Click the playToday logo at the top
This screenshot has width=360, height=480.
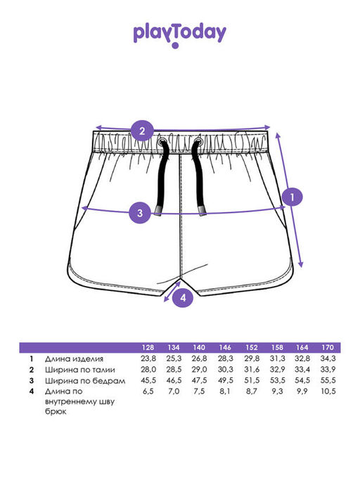pos(180,34)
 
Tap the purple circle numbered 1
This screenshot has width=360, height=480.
pos(292,197)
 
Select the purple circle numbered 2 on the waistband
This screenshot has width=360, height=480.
pos(142,131)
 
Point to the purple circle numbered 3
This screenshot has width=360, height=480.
pos(140,212)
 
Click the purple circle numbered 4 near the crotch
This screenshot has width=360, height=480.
pos(183,297)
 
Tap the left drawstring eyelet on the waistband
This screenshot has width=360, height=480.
pos(162,142)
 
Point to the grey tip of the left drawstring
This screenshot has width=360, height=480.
pos(159,211)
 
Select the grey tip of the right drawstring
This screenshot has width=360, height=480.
pos(202,211)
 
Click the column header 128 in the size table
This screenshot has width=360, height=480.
pos(148,348)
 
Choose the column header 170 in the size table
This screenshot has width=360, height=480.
pos(328,348)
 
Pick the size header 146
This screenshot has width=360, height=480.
pos(225,348)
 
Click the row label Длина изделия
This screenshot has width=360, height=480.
pos(74,359)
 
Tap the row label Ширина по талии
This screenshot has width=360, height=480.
pos(80,370)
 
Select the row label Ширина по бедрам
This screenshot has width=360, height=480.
pos(85,381)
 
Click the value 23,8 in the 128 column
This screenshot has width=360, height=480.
pos(148,358)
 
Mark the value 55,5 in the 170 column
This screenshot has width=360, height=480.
pos(328,380)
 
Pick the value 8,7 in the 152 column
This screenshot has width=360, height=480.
pos(251,391)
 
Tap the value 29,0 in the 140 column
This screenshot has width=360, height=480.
pos(200,370)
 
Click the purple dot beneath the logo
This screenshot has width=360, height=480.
pos(175,46)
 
